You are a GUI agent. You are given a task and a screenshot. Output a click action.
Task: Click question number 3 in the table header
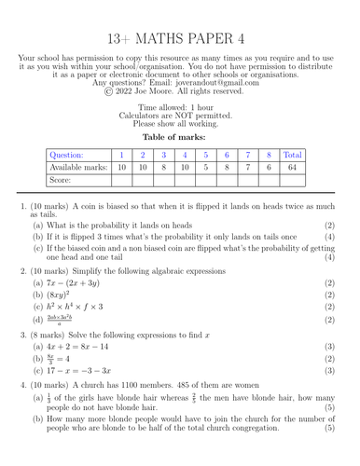point(163,155)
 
